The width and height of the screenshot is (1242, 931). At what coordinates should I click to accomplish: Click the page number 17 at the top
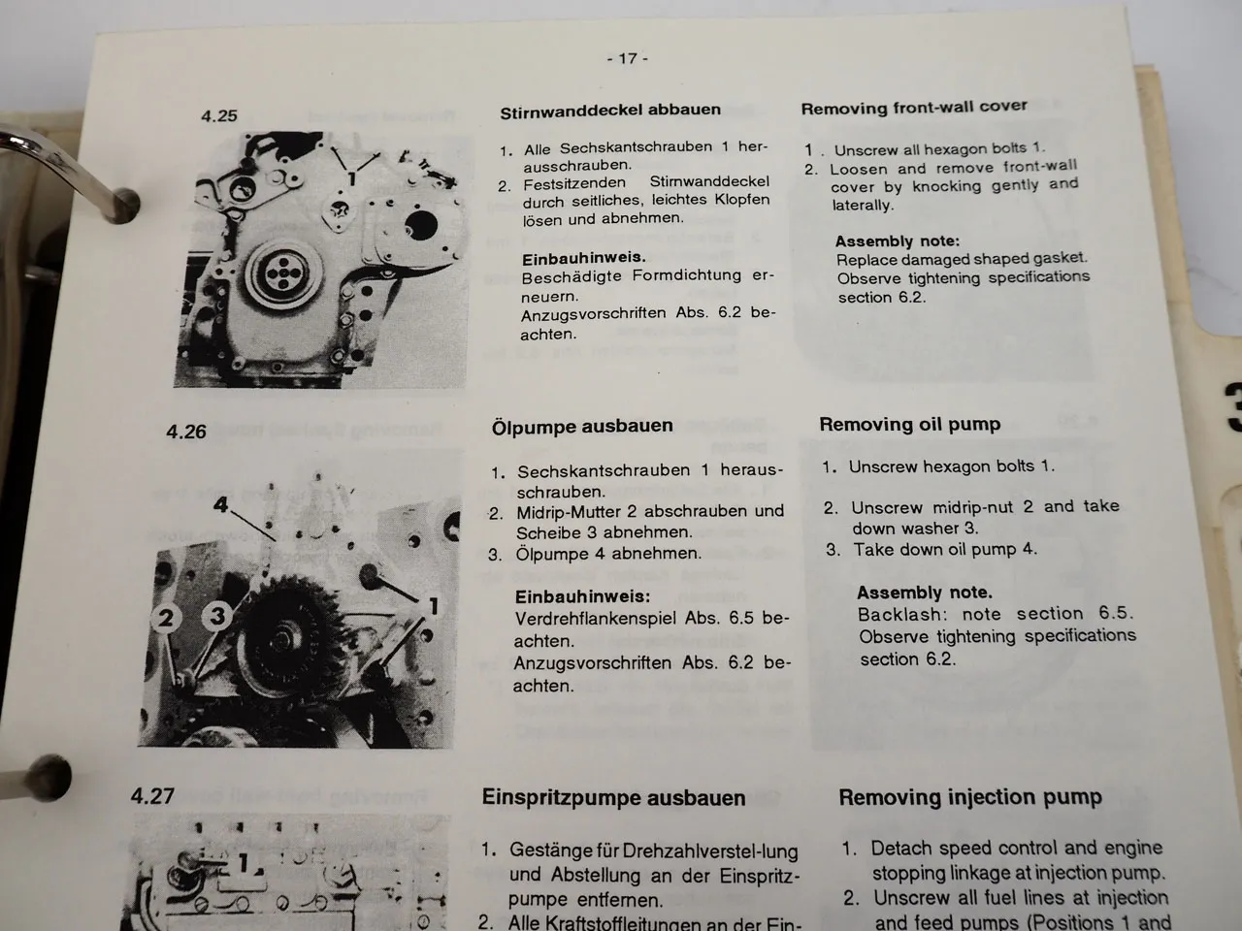tap(628, 58)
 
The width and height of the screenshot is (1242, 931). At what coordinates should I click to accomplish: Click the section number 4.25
tap(219, 115)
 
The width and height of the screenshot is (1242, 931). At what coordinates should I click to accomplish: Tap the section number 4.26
tap(186, 432)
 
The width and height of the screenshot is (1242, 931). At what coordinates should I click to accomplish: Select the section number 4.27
tap(152, 796)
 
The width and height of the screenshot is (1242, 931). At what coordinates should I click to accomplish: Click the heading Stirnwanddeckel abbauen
tap(610, 111)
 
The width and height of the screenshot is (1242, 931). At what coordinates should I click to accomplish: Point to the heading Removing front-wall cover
tap(913, 108)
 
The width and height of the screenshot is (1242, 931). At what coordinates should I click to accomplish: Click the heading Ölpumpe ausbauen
tap(581, 427)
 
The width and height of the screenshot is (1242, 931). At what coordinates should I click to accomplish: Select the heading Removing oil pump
tap(909, 424)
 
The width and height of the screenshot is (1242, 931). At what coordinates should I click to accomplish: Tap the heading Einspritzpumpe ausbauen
tap(613, 798)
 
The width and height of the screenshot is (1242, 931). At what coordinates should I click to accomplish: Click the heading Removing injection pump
tap(969, 797)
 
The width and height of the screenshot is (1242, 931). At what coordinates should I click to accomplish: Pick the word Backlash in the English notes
tap(899, 615)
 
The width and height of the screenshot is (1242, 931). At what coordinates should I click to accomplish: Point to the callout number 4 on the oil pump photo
tap(221, 504)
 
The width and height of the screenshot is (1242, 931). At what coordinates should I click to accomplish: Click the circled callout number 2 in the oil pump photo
tap(167, 618)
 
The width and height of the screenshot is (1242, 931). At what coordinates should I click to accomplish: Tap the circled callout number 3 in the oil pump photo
tap(218, 615)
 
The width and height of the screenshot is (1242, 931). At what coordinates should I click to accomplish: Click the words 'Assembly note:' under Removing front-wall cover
tap(897, 241)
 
